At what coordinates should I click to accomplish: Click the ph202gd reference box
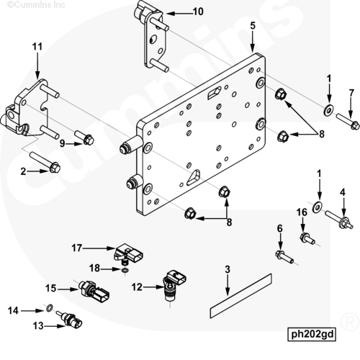pos(312,334)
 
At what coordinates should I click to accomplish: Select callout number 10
pos(198,12)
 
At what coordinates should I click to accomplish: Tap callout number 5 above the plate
pos(253,26)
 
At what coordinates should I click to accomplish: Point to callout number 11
pos(37,47)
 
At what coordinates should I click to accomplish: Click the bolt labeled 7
pos(348,122)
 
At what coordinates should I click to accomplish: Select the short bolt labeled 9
pos(84,138)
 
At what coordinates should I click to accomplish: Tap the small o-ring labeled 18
pos(125,271)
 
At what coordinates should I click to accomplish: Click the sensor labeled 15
pos(94,291)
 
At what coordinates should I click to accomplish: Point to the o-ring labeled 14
pos(50,308)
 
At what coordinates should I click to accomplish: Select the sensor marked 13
pos(70,319)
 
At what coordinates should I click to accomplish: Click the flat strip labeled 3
pos(241,296)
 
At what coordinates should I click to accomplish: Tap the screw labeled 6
pos(284,257)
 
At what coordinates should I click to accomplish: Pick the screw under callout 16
pos(307,238)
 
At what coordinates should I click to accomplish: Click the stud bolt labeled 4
pos(339,219)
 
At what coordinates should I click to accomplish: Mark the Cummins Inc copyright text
pos(36,4)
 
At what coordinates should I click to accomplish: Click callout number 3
pos(228,269)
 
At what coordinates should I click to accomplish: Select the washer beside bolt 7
pos(328,109)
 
